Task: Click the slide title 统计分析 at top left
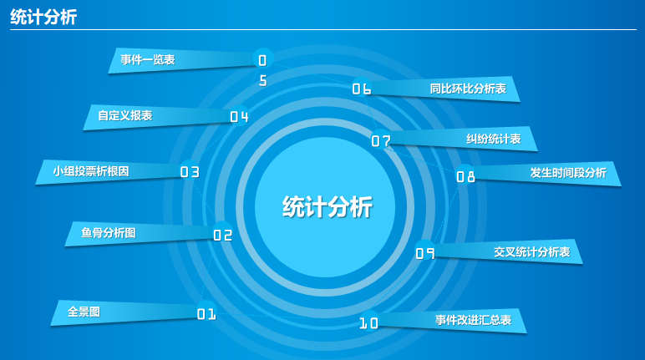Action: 43,18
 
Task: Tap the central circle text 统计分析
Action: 328,206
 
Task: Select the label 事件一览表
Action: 148,59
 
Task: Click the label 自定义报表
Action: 125,115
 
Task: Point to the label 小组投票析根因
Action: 91,171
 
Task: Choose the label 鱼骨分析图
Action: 108,233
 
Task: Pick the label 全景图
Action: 84,312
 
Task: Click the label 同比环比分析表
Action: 468,89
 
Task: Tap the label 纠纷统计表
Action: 494,139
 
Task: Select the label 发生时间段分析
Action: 568,173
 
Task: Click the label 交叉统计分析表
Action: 532,251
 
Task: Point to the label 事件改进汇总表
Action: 474,320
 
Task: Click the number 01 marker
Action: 206,314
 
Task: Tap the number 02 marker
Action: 222,235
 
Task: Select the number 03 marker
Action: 190,171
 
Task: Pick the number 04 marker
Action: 239,117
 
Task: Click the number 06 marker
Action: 362,89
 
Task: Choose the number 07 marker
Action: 381,141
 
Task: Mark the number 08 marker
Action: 465,176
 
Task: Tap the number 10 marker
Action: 368,323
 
